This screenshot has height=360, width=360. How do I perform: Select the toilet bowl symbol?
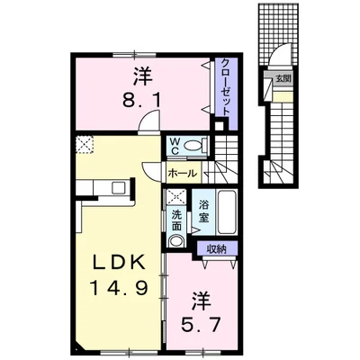(x=200, y=145)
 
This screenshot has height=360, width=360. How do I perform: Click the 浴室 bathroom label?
(x=204, y=211)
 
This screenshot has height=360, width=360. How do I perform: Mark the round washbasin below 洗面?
(x=175, y=241)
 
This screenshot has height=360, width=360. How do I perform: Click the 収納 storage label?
(x=215, y=248)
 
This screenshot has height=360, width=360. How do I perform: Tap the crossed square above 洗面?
(x=175, y=197)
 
